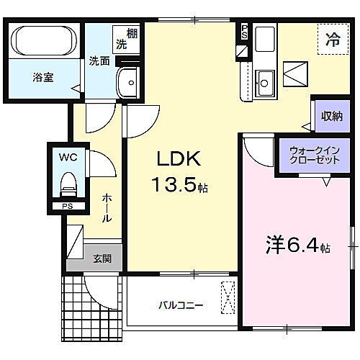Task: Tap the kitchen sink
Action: coord(264,81)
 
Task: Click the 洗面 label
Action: coord(99,61)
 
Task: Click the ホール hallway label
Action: coord(105,208)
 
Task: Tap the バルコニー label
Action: coord(181,305)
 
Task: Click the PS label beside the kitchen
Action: coord(244,31)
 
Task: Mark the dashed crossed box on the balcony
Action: coord(228,297)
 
